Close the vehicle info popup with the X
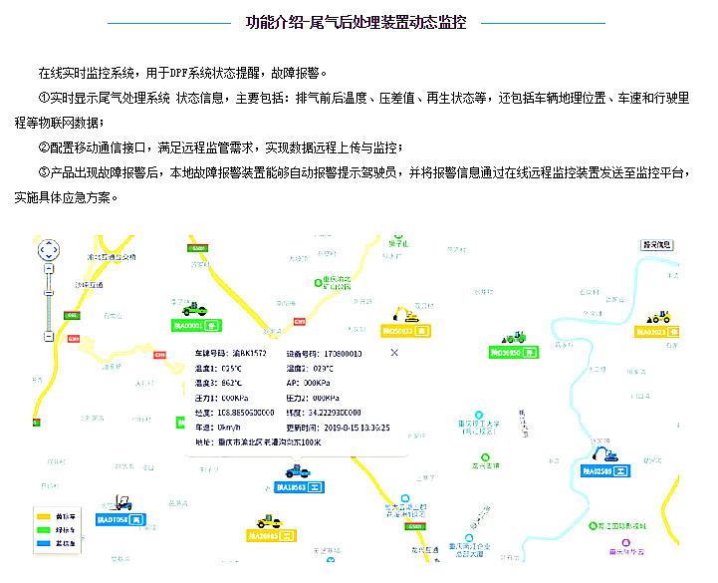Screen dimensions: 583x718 click(x=394, y=353)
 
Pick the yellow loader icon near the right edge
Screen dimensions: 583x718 click(x=658, y=317)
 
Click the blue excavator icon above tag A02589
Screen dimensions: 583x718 click(x=602, y=455)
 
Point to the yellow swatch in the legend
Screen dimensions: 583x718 click(x=45, y=516)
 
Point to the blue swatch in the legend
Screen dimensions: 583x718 click(x=45, y=543)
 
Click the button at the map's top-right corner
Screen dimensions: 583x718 click(x=658, y=245)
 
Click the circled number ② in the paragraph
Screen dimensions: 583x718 click(x=44, y=147)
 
